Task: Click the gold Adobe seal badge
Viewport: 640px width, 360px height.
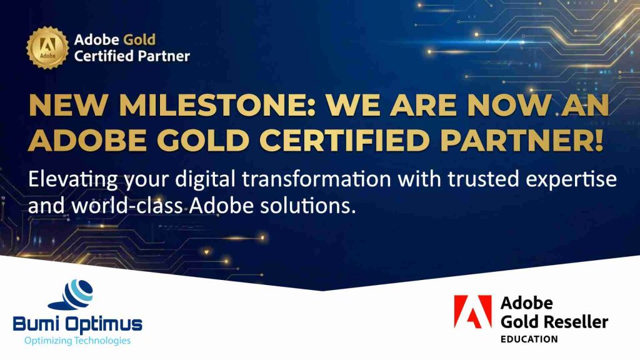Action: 47,47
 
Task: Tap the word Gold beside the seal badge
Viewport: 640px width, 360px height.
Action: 139,39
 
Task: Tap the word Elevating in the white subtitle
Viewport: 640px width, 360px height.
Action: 73,180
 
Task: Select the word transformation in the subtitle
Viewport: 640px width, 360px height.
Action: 316,179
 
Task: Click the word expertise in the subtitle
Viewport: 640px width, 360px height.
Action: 571,180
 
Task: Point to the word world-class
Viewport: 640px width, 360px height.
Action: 127,206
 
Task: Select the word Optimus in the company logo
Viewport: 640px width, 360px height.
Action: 104,325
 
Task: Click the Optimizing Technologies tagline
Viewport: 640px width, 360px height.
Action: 77,341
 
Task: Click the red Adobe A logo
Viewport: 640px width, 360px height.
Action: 473,312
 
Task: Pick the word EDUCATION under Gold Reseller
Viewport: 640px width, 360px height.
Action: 529,339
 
